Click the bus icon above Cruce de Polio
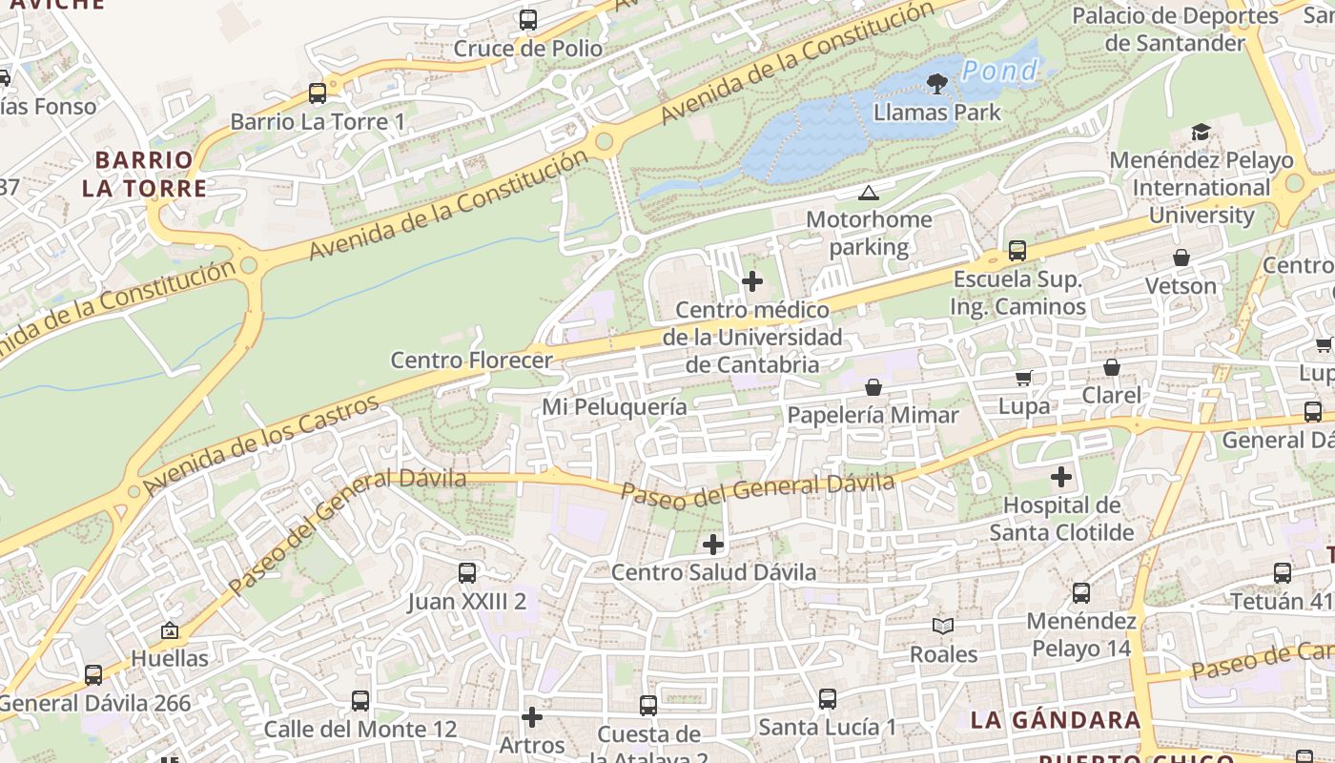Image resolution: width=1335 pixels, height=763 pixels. [x=527, y=19]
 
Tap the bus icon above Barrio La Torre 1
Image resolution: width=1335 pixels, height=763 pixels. [x=318, y=93]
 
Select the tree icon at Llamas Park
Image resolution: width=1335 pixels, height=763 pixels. [x=937, y=84]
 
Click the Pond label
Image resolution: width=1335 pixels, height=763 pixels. [x=998, y=71]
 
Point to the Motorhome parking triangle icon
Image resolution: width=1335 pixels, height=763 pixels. [x=868, y=194]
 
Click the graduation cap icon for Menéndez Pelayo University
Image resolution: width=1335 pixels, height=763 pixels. [x=1201, y=133]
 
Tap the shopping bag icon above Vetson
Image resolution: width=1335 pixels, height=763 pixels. [x=1181, y=258]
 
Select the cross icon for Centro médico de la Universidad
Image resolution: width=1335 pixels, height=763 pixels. [x=752, y=281]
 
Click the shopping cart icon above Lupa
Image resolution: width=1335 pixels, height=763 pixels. [x=1024, y=378]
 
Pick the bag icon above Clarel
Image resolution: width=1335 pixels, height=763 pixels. [x=1111, y=367]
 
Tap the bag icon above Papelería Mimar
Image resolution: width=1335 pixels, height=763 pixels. [x=873, y=387]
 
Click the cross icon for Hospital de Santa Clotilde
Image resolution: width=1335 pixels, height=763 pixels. [x=1061, y=477]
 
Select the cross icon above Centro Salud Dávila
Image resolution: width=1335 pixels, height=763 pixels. [x=713, y=545]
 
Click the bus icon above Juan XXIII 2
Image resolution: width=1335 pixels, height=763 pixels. [x=467, y=573]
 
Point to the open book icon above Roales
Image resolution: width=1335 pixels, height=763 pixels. [x=943, y=627]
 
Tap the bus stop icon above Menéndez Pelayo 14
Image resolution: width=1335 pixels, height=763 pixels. [x=1081, y=593]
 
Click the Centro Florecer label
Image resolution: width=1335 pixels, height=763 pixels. [x=471, y=361]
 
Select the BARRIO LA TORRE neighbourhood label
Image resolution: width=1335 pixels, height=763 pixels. [x=144, y=174]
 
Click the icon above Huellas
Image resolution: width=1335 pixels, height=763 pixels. [x=170, y=630]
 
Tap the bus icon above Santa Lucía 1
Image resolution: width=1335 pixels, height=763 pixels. [x=828, y=699]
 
